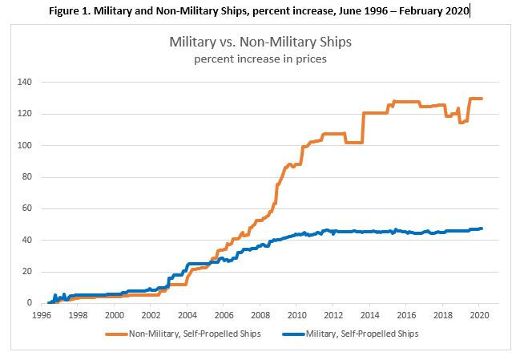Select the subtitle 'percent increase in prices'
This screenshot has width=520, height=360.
click(260, 59)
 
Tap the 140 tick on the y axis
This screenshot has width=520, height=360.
click(25, 82)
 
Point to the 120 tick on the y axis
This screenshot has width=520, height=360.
click(25, 114)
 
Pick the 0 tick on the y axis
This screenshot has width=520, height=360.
click(30, 303)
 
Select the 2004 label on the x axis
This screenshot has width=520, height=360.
click(187, 315)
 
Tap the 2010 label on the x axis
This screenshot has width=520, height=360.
click(296, 315)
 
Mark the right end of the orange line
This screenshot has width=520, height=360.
click(482, 99)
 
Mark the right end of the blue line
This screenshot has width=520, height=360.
click(482, 229)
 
